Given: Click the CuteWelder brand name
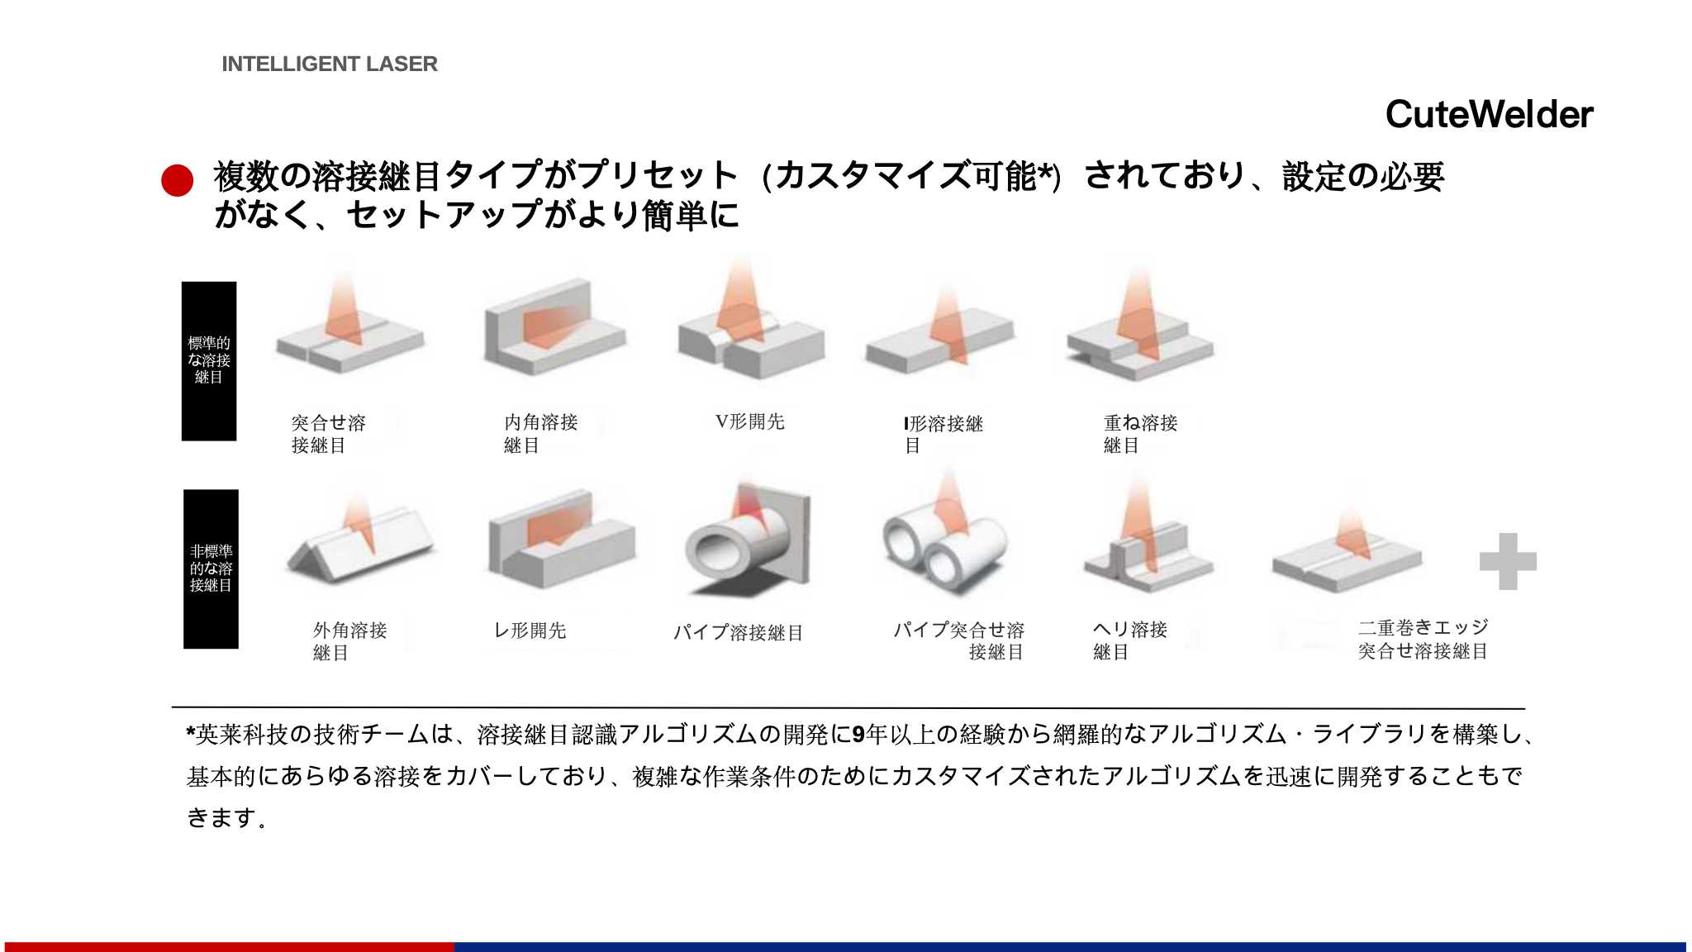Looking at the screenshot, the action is (1489, 114).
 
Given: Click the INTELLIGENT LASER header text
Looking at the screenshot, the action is (330, 64).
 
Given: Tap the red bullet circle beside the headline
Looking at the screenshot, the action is (177, 180).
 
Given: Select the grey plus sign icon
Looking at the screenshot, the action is (1508, 562).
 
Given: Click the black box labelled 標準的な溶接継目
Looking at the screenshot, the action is (209, 361).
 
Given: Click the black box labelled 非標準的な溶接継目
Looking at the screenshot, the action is (211, 569).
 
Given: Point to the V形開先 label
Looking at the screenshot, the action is (750, 421).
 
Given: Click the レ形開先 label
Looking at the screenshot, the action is (530, 631).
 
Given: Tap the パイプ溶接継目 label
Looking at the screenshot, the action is (738, 633).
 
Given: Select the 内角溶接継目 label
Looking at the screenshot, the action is (541, 434).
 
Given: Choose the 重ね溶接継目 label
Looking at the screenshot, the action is (1140, 434).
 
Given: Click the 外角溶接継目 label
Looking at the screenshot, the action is (349, 641).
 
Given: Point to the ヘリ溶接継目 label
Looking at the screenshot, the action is (1129, 640).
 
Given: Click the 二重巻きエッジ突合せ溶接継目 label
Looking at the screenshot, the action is (1423, 640).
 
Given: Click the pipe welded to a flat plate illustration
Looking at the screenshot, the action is (749, 541).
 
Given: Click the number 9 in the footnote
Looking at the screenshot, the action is (858, 734).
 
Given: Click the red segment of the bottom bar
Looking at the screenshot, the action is (229, 947).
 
